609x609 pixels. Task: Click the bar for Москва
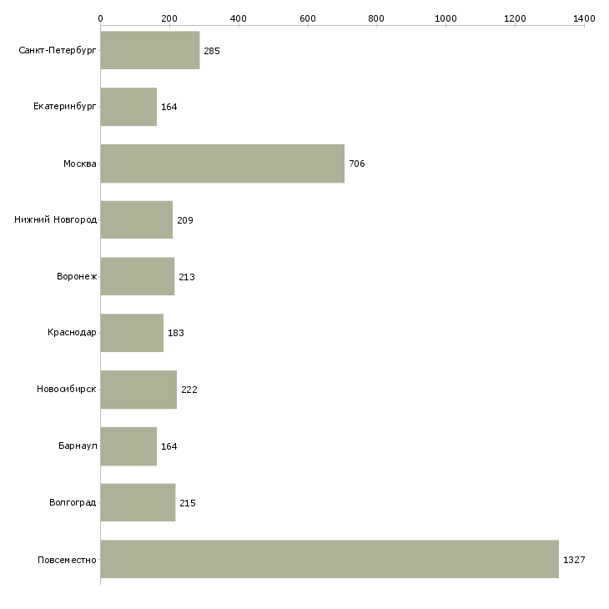223,164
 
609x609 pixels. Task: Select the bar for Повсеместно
330,559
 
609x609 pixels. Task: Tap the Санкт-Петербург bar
150,50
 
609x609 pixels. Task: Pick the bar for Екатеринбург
128,107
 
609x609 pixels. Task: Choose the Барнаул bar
128,446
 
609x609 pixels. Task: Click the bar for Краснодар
132,333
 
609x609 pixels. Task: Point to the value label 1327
574,560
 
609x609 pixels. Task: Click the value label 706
357,164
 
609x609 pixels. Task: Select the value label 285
212,51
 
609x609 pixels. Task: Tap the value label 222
189,390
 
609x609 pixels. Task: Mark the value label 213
187,277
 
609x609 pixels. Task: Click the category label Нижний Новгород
56,220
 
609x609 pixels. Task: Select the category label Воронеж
77,276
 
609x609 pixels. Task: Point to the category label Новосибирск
67,389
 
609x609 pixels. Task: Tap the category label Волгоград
73,502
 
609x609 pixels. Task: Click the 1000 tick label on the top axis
445,18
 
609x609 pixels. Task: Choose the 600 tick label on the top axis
307,18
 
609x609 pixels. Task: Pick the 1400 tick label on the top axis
584,18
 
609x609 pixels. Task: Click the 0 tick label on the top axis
101,18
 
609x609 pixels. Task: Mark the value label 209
185,220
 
